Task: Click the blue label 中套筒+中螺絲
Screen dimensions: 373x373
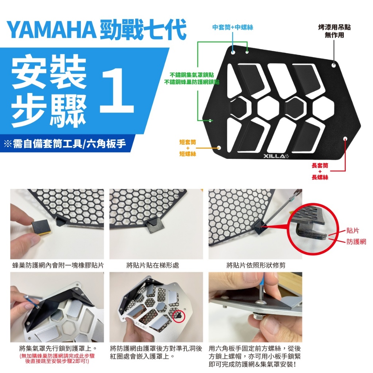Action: [233, 27]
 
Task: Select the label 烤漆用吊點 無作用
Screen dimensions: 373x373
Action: [334, 31]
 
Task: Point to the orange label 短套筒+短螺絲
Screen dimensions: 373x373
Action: [188, 148]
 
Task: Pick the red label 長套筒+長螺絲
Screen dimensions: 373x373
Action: [320, 171]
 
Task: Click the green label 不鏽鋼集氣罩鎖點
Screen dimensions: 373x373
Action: [192, 75]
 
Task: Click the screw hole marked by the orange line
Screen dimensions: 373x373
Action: [219, 148]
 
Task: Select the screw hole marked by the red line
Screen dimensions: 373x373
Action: [345, 138]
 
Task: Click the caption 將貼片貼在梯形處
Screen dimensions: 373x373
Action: [153, 265]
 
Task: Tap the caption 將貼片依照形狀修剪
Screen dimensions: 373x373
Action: [256, 265]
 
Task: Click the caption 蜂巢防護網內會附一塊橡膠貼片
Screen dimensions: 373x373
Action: [58, 265]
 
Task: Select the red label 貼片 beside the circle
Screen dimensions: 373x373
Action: [353, 231]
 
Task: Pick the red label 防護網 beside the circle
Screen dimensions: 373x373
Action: [356, 242]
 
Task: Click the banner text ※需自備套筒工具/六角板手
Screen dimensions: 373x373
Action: [65, 144]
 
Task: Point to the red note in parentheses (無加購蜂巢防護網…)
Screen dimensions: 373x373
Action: [57, 358]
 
